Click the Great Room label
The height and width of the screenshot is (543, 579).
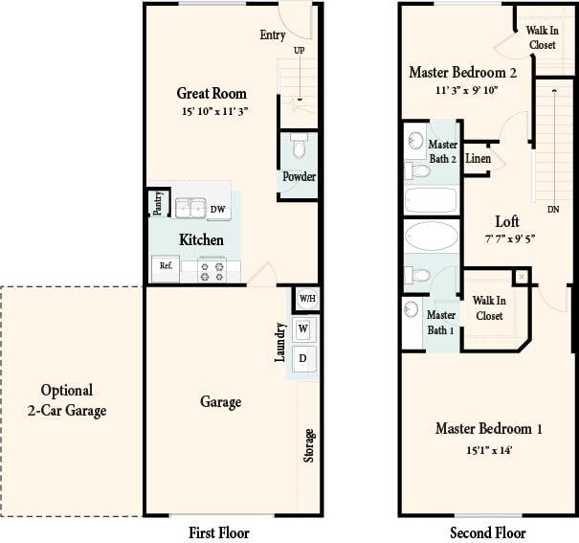coord(212,94)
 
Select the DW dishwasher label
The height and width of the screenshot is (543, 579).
coord(218,210)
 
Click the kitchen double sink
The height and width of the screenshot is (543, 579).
coord(190,209)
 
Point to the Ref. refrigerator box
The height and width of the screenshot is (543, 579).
coord(166,265)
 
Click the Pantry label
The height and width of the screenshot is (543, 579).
coord(158,203)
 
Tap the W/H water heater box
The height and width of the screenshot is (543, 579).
coord(307,298)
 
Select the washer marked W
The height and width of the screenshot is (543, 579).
coord(303,329)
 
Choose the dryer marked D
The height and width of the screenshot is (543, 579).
coord(303,358)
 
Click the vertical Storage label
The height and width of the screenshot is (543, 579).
coord(309,446)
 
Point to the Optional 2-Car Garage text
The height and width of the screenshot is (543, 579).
coord(67,400)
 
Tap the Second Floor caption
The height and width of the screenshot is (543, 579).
coord(488,532)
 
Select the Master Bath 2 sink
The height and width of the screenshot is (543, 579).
coord(415,142)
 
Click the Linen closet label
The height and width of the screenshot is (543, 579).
coord(479,158)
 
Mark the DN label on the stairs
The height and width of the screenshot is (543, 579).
coord(553,209)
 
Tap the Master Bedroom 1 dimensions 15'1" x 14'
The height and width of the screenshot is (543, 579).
coord(488,449)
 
